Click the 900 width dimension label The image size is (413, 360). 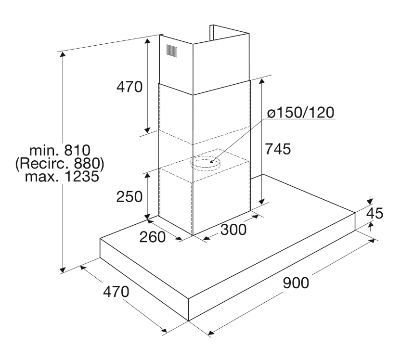(296, 283)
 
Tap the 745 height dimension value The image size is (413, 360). (278, 149)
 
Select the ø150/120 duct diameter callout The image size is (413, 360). (300, 113)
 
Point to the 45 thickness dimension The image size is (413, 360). (374, 213)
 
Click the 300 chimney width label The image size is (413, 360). (233, 230)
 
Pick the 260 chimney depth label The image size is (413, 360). (152, 237)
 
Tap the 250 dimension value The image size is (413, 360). (129, 197)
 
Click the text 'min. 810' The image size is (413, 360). (60, 150)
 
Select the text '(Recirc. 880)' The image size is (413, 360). (60, 164)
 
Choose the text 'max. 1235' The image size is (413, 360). (62, 176)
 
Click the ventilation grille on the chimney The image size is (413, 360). (171, 51)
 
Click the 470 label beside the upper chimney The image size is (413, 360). (129, 87)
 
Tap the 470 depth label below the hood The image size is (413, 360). (116, 292)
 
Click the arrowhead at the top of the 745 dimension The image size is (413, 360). (261, 81)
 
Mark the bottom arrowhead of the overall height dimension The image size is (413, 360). (63, 270)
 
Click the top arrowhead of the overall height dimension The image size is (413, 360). (63, 54)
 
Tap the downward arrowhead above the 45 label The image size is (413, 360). (370, 201)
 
